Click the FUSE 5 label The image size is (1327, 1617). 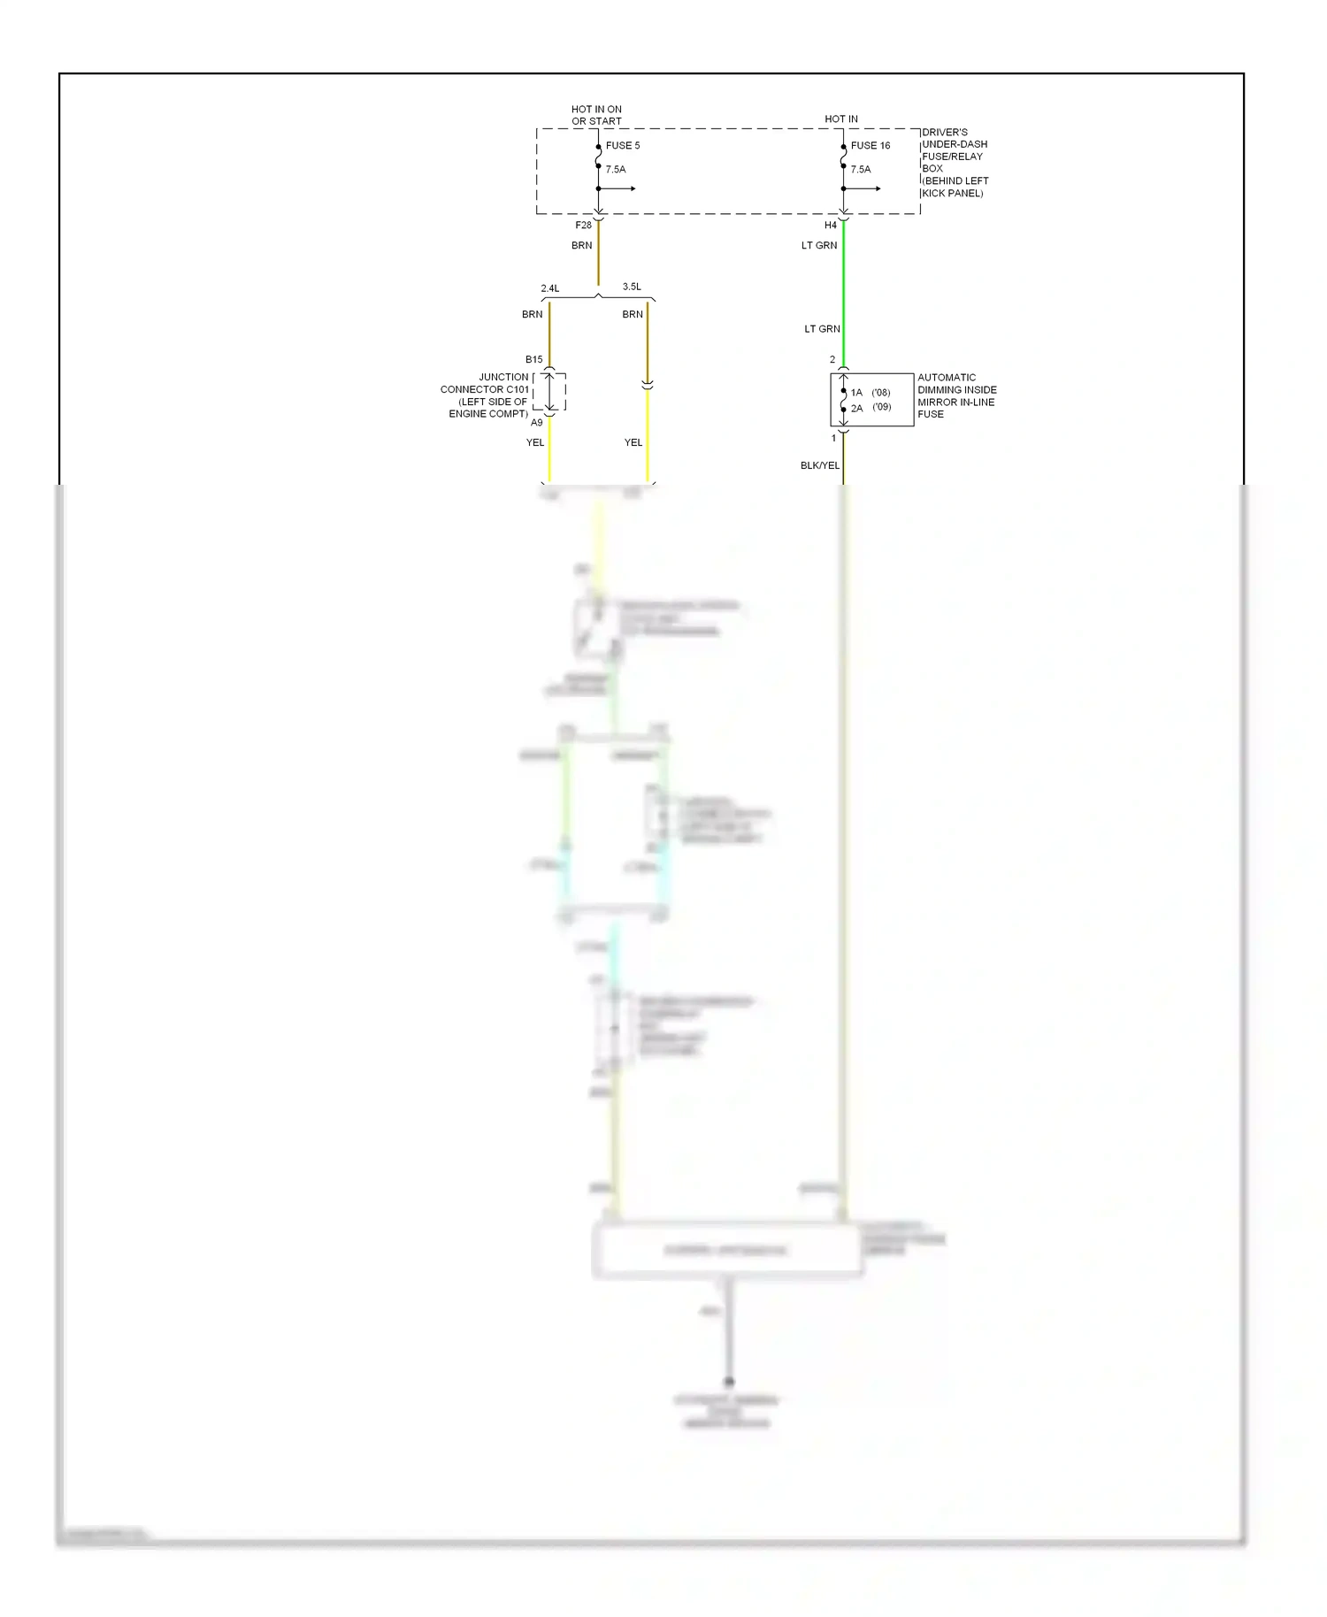[x=622, y=145]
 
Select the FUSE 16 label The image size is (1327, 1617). [x=870, y=145]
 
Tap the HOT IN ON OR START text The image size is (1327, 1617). [x=596, y=115]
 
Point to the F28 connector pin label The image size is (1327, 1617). [x=583, y=226]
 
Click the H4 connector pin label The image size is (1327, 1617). [x=830, y=226]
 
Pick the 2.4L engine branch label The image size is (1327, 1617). [x=550, y=288]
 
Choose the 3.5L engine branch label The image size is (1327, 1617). [x=632, y=287]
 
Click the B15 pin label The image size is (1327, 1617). [x=533, y=359]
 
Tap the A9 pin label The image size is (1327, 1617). [x=536, y=423]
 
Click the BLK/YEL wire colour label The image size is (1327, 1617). [x=819, y=465]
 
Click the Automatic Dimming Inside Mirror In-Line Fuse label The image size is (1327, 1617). [x=956, y=395]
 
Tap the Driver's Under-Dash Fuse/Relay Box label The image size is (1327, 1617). [x=955, y=162]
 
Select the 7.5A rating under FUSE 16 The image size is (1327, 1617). [x=860, y=169]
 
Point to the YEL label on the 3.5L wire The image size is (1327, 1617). [x=633, y=442]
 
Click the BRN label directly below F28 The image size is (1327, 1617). [x=581, y=245]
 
